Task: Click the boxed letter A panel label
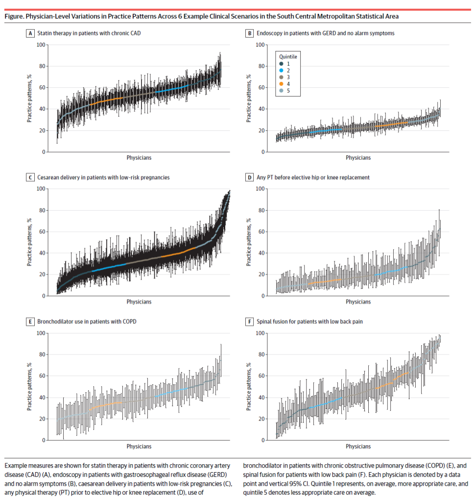click(x=30, y=34)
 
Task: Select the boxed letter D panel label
click(x=250, y=177)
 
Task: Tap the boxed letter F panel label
click(x=250, y=322)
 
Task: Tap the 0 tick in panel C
click(x=43, y=296)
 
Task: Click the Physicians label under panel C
click(x=139, y=302)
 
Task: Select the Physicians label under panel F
click(x=358, y=447)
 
